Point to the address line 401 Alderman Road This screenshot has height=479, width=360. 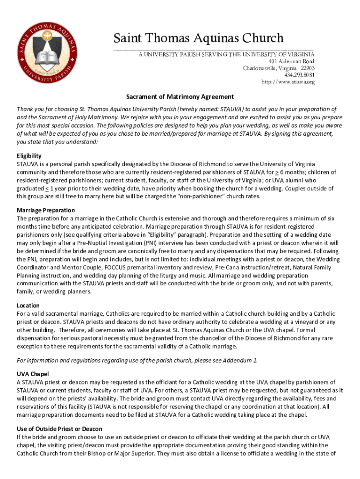[291, 61]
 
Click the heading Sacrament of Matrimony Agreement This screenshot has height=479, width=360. [180, 97]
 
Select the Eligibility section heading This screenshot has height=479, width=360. [29, 156]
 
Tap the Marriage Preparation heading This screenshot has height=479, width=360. [46, 210]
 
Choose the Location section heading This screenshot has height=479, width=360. [28, 305]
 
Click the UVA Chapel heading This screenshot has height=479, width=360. [33, 374]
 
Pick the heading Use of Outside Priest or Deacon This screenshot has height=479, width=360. [59, 429]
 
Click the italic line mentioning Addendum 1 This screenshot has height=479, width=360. [137, 360]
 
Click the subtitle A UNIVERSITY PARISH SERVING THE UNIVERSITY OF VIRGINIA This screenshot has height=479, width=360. [225, 54]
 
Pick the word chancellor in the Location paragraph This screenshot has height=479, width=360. [203, 338]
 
